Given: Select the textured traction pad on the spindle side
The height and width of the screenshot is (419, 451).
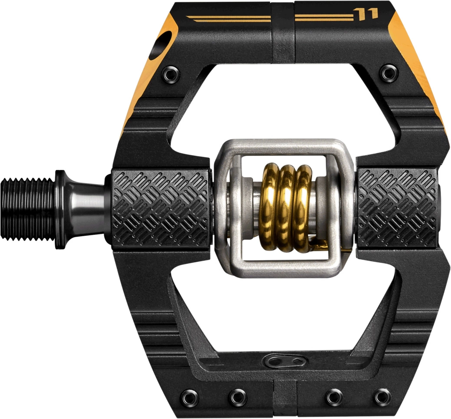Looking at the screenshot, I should pos(160,208).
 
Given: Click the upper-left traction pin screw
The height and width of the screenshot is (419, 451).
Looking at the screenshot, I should pos(171,75).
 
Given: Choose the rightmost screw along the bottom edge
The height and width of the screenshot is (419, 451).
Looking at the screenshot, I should pos(382,396).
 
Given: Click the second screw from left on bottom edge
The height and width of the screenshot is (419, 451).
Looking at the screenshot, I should pos(237,396).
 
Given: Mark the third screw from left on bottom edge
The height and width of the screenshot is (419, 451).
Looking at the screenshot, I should pos(334,396).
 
